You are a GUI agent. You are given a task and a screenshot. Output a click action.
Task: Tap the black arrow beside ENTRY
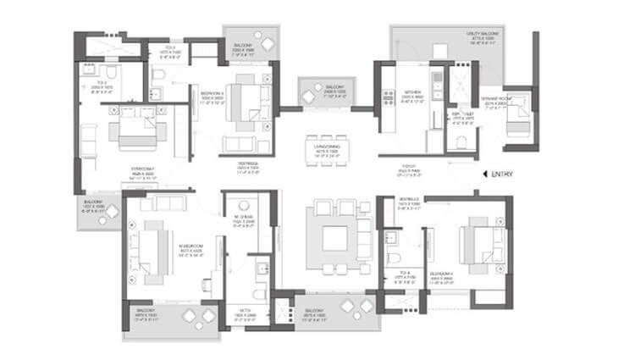(484, 174)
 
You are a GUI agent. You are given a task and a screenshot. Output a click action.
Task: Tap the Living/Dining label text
(327, 152)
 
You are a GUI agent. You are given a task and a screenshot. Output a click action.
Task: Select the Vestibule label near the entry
(409, 202)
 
